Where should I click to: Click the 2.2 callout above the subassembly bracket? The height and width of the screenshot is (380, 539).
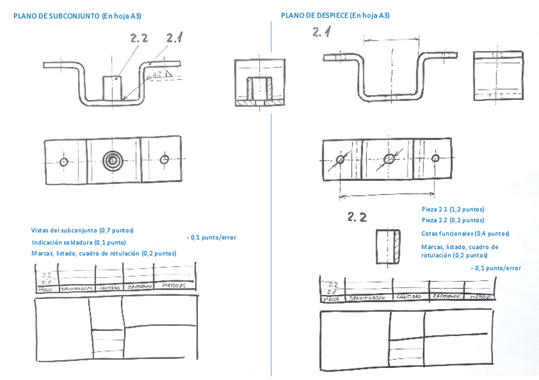click(139, 39)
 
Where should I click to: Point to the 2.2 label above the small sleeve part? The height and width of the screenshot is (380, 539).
click(357, 218)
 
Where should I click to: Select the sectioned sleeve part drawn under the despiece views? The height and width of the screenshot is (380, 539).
click(388, 246)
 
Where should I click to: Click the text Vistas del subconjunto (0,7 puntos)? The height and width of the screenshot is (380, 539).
click(86, 230)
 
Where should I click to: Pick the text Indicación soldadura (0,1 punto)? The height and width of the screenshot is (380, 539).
click(78, 242)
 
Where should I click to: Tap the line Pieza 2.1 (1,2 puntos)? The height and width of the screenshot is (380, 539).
click(453, 209)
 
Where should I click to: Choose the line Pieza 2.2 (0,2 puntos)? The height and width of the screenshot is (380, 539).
click(453, 220)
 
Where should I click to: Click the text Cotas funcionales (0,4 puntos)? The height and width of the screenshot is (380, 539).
click(465, 233)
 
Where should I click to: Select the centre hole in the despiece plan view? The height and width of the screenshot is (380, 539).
click(388, 159)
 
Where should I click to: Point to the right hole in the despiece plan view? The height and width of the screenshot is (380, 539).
click(435, 158)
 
